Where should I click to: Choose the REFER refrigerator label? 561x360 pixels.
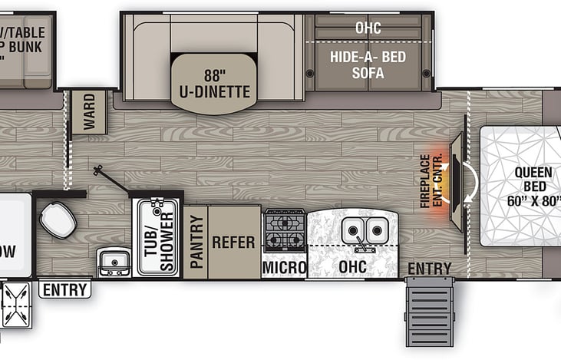pos(233,242)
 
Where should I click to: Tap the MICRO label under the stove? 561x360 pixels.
pos(284,266)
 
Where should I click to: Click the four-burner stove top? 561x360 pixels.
pos(284,230)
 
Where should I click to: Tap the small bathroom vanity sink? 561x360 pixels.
pos(114,263)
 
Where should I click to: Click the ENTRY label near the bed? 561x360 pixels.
pos(429,267)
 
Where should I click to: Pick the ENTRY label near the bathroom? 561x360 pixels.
pos(64,289)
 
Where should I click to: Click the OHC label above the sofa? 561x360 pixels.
pos(368,28)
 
